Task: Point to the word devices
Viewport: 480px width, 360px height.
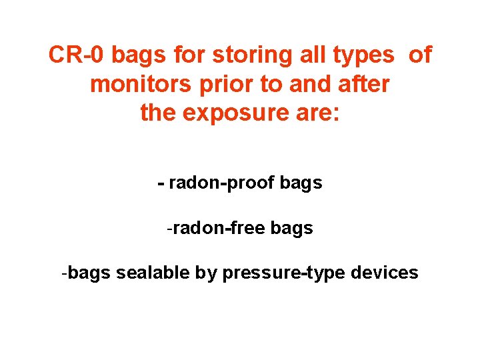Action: pyautogui.click(x=384, y=273)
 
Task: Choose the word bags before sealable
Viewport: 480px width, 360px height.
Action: pyautogui.click(x=89, y=273)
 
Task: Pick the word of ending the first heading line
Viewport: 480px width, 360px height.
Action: pyautogui.click(x=420, y=55)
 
